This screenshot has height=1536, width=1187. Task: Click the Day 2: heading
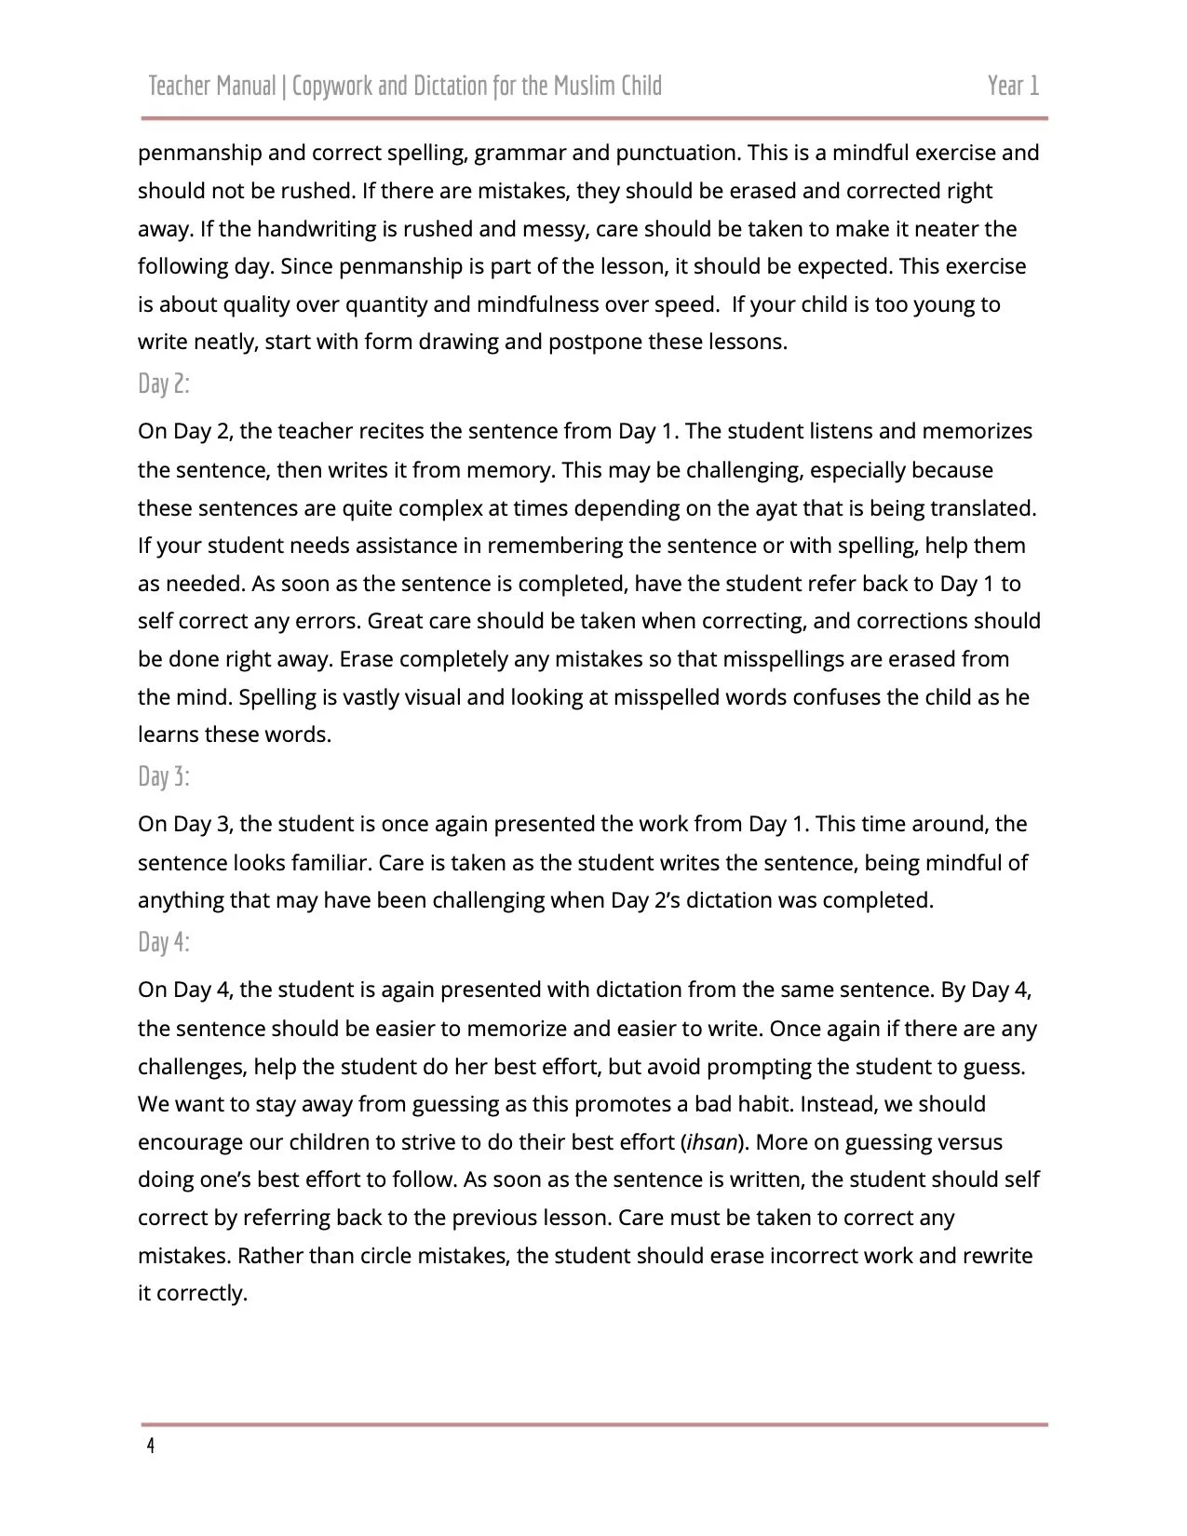point(164,384)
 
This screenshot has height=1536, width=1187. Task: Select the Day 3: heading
point(164,776)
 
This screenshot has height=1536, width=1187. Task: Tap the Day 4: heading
point(164,942)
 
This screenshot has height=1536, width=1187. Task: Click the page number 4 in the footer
point(151,1447)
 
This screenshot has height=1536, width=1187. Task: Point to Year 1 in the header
point(1013,87)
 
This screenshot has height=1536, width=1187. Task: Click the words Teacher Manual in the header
point(212,87)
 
